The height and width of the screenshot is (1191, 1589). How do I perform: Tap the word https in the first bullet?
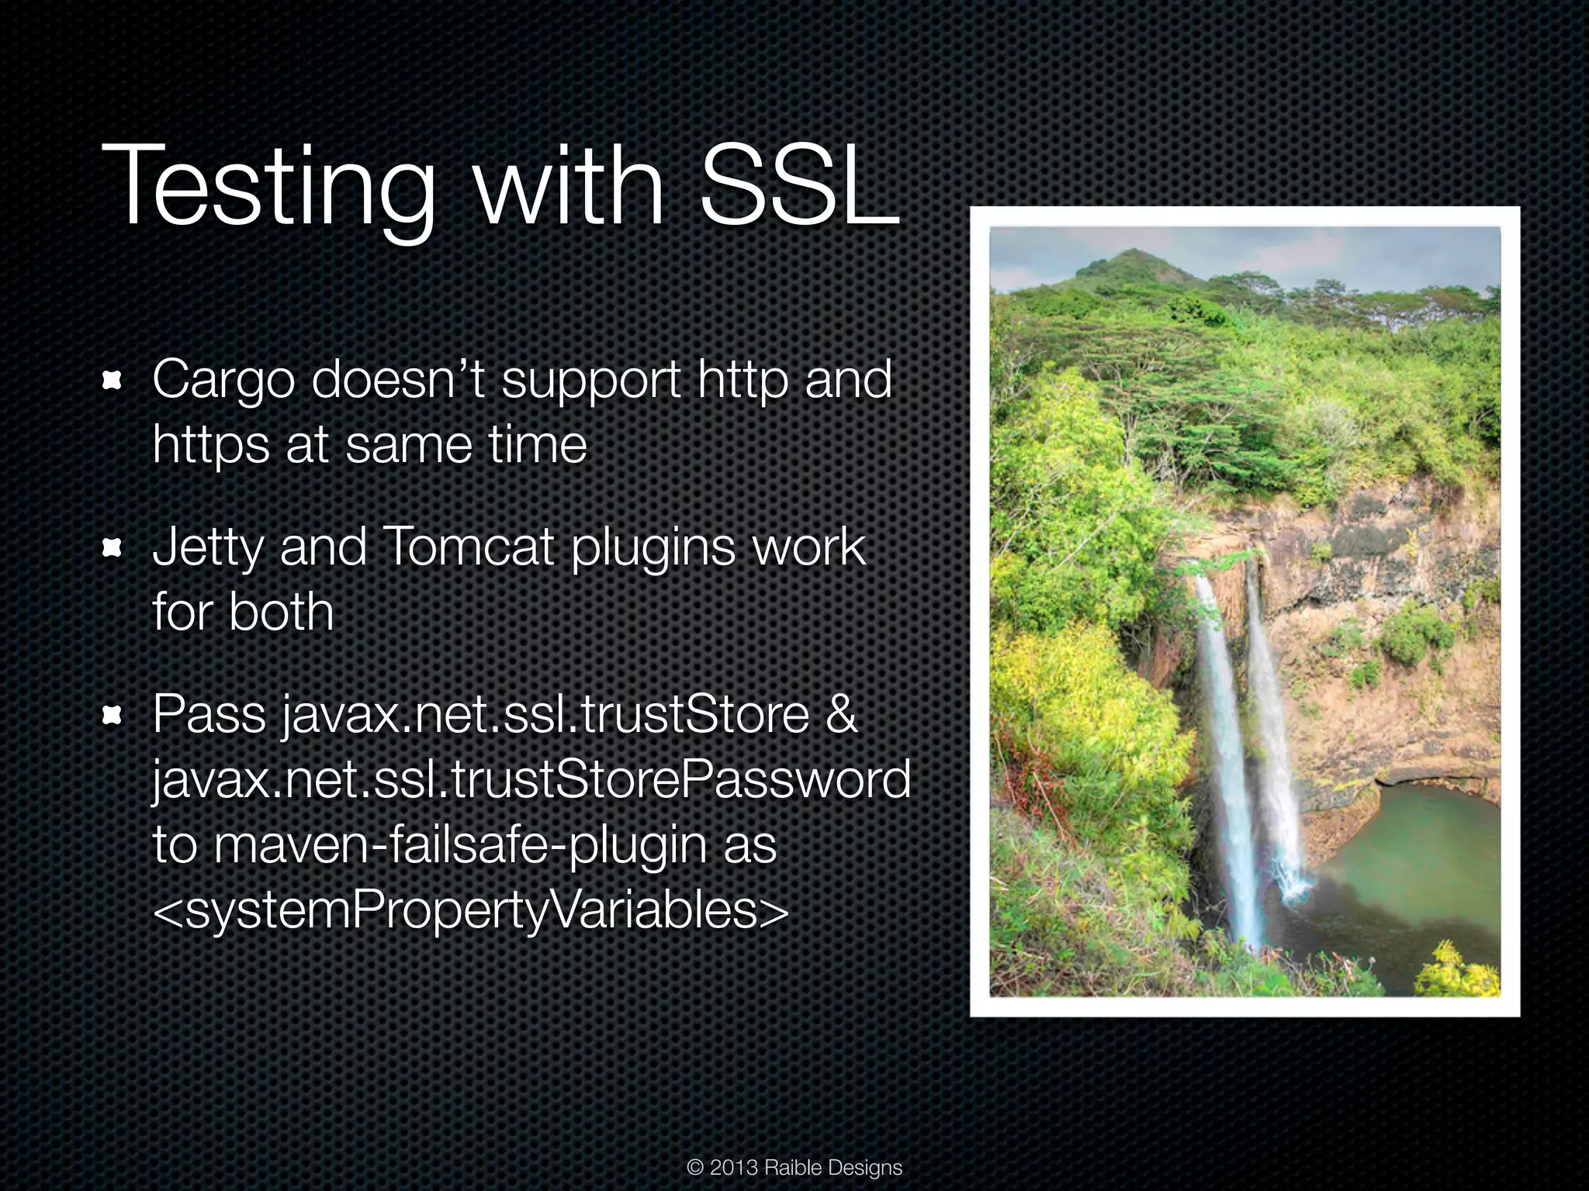click(x=210, y=445)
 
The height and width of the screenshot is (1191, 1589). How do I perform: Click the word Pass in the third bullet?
click(x=209, y=714)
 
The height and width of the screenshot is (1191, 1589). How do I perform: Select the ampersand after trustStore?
click(x=842, y=714)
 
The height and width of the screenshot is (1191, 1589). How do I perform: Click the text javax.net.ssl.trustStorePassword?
click(x=531, y=780)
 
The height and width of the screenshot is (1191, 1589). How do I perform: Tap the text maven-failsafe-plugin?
click(x=461, y=845)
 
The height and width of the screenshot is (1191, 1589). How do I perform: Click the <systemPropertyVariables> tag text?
click(x=470, y=910)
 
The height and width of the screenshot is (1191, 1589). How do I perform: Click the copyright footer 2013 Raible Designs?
click(x=794, y=1168)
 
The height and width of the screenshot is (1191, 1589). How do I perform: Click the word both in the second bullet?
click(x=281, y=613)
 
